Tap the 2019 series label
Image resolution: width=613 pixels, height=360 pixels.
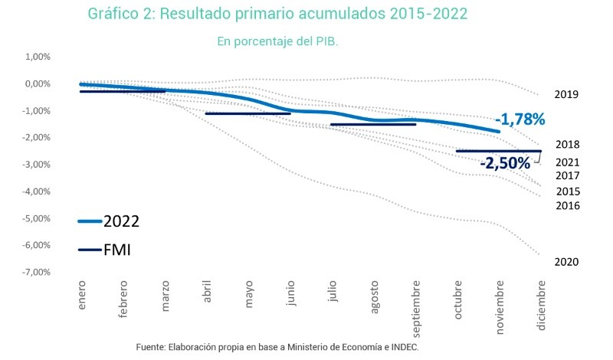coord(566,94)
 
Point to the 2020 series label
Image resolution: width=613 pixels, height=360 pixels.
coord(566,262)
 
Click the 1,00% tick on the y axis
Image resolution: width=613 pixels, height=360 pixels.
coord(38,57)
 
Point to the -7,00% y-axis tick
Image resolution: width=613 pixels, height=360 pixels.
coord(37,273)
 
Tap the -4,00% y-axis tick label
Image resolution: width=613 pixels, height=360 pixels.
coord(37,191)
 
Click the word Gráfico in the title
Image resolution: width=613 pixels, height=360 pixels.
coord(115,15)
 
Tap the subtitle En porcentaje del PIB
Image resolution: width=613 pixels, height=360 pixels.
coord(277,41)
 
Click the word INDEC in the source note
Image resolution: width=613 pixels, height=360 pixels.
coord(402,347)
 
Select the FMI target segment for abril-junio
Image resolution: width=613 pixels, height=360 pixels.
coord(247,113)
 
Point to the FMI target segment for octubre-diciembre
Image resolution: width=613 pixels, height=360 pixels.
coord(498,151)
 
